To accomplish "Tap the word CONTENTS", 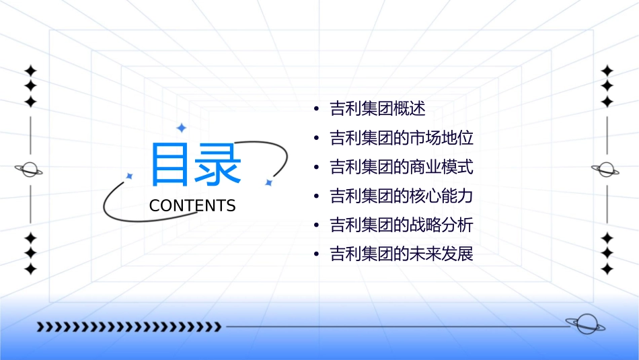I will click(x=192, y=206).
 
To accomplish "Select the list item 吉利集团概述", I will click(x=377, y=109).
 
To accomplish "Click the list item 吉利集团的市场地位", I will click(x=402, y=139).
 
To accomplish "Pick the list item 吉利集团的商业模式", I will click(x=402, y=168).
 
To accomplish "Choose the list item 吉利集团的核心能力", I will click(x=402, y=196).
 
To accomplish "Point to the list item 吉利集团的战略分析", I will click(x=402, y=225).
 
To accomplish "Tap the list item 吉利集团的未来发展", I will click(x=402, y=254).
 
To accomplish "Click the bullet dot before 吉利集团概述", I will click(x=316, y=110).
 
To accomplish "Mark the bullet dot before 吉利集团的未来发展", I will click(x=316, y=255).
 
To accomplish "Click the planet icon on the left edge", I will click(x=30, y=170).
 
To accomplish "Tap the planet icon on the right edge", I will click(x=607, y=170).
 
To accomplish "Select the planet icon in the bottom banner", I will click(x=585, y=324).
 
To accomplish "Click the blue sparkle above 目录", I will click(x=180, y=127).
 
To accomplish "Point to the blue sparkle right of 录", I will click(x=268, y=182).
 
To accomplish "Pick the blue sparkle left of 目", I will click(x=130, y=176).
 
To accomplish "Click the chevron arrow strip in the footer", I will click(x=128, y=327).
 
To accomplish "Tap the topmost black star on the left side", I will click(x=30, y=70).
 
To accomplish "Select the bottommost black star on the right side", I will click(x=607, y=269).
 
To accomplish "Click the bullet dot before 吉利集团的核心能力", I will click(x=316, y=197).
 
